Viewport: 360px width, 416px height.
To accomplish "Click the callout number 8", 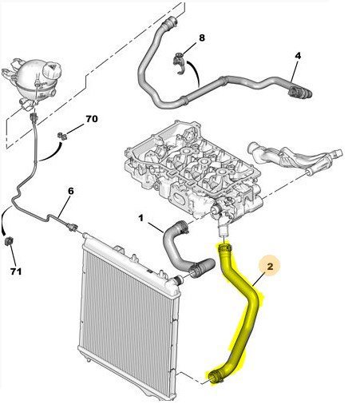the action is coord(202,38).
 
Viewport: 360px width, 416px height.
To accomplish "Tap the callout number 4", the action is coord(298,56).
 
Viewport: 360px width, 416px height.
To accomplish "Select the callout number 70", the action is coord(92,119).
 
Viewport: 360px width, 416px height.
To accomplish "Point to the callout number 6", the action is coord(70,191).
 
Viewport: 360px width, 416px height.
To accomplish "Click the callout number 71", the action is coord(16,271).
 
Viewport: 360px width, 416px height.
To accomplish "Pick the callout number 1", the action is coord(140,219).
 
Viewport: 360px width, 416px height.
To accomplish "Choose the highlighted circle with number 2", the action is coord(270,266).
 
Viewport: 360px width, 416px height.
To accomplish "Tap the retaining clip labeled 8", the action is coord(179,62).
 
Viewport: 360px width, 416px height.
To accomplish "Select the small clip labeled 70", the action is coord(62,136).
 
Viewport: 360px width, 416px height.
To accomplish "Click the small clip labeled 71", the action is coord(9,241).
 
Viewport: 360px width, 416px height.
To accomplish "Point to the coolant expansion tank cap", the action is coord(52,69).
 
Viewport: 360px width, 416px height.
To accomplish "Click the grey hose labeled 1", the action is coord(184,250).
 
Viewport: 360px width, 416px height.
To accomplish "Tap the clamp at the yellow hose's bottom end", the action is coord(215,378).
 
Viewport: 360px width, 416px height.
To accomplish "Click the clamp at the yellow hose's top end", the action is coord(225,248).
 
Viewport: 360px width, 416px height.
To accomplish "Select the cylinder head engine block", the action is coord(193,170).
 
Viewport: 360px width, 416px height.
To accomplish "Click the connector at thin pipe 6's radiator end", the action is coord(72,227).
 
